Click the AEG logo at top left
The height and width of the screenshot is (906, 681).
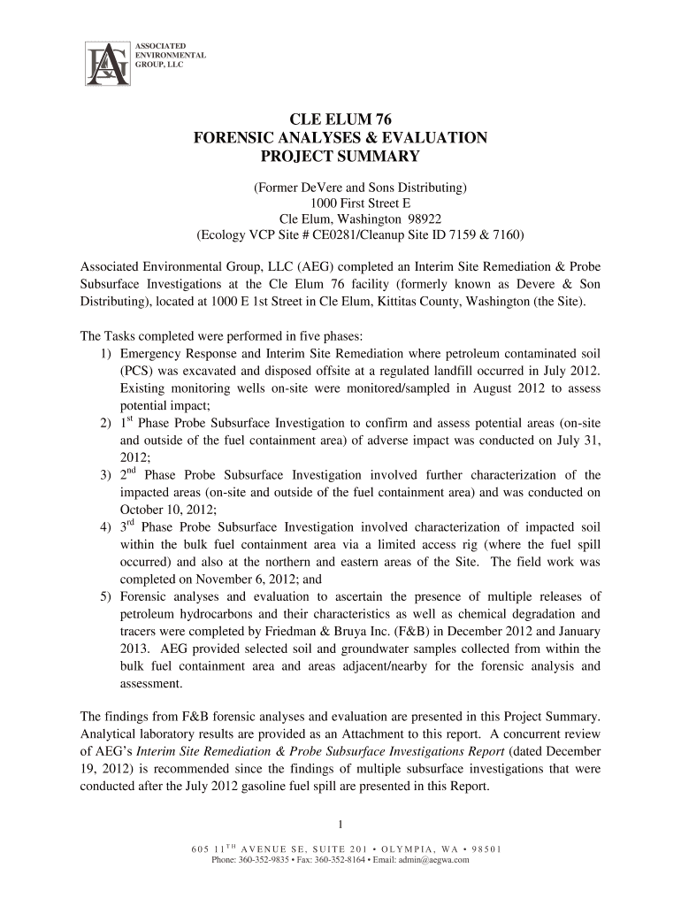point(106,64)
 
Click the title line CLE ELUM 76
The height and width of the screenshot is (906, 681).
point(340,119)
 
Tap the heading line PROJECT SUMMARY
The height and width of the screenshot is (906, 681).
point(340,157)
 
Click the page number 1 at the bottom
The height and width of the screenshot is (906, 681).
point(340,826)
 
